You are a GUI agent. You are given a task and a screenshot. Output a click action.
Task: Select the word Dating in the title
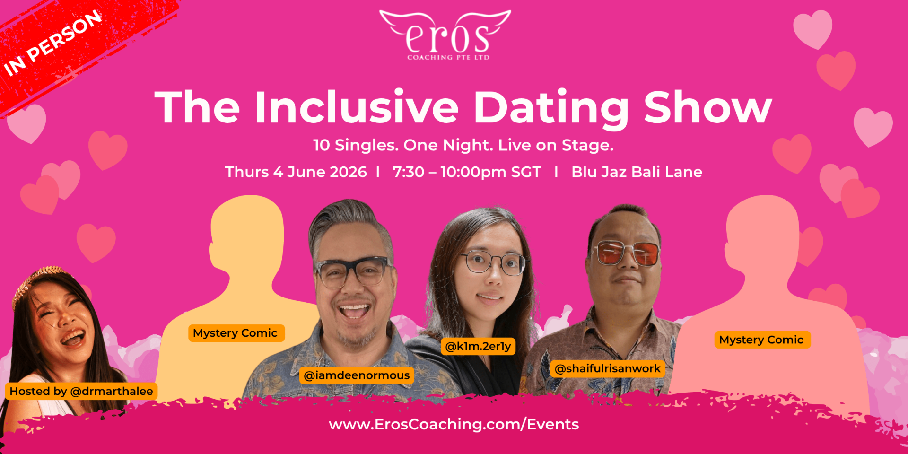(x=551, y=109)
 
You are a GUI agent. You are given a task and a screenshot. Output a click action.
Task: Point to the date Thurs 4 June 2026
(x=296, y=172)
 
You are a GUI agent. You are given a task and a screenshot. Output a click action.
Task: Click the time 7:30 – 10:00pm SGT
(x=467, y=172)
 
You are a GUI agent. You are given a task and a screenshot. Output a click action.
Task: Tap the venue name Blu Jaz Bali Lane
(x=637, y=172)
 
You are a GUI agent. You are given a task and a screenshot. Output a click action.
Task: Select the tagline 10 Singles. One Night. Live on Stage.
(x=463, y=145)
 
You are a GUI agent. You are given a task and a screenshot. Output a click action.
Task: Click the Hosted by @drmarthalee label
(x=81, y=391)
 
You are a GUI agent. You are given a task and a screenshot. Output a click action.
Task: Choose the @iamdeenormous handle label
(x=357, y=375)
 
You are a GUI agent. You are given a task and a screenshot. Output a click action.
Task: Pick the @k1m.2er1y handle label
(x=478, y=346)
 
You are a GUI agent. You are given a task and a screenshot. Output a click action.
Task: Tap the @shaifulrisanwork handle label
(x=608, y=368)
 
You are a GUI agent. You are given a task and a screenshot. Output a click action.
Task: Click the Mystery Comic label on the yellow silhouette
(x=235, y=333)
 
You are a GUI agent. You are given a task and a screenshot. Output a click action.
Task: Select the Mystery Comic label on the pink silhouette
(x=761, y=340)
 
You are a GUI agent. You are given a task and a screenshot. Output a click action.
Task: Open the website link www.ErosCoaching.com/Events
(x=454, y=424)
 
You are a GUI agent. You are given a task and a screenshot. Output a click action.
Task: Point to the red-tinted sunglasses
(x=628, y=253)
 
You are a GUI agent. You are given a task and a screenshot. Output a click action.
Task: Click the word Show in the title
(x=708, y=107)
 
